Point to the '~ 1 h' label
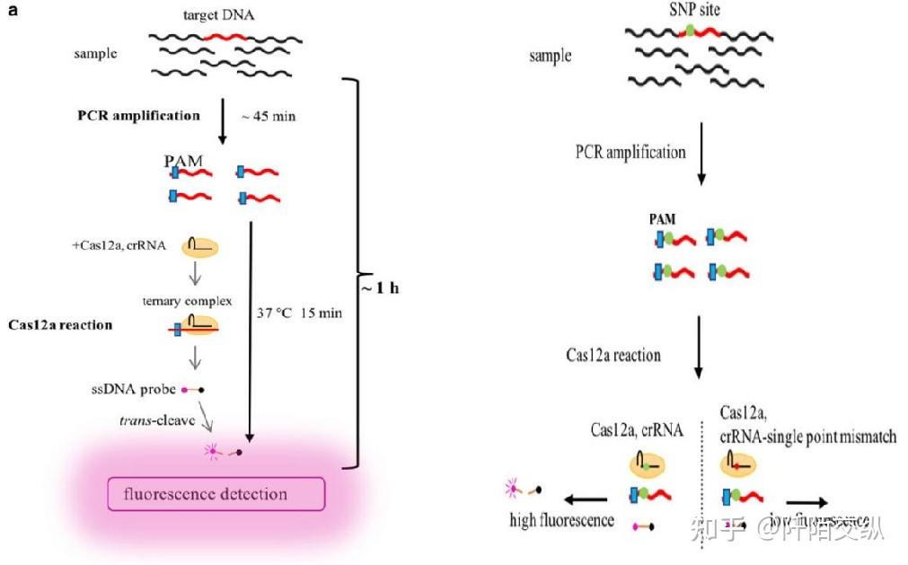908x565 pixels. click(x=382, y=289)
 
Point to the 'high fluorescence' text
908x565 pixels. click(x=561, y=520)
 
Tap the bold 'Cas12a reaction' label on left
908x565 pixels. click(x=62, y=324)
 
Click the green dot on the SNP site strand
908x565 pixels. click(x=690, y=31)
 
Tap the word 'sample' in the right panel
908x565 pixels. click(x=550, y=56)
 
